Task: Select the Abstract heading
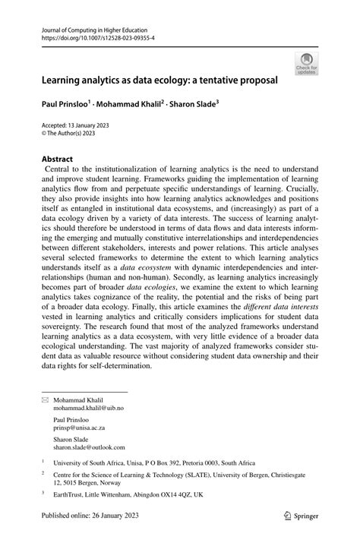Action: pos(60,159)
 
